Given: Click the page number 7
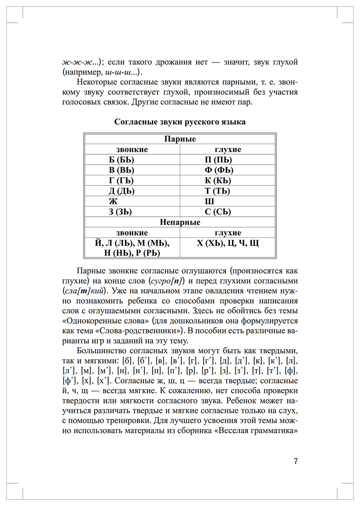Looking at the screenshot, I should pyautogui.click(x=295, y=460).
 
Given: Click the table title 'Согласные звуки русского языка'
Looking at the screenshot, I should pyautogui.click(x=180, y=122).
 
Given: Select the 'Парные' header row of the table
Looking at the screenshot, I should pyautogui.click(x=180, y=139).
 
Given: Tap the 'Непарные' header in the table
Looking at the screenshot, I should pyautogui.click(x=180, y=222).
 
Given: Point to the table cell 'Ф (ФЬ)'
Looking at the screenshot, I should pyautogui.click(x=218, y=170).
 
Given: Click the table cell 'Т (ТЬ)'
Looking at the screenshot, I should pyautogui.click(x=217, y=191).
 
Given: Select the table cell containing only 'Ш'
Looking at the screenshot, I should pyautogui.click(x=209, y=202).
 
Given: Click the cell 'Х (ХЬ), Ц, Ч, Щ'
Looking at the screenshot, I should pyautogui.click(x=228, y=243).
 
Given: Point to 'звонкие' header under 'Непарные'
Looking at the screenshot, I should pyautogui.click(x=132, y=233).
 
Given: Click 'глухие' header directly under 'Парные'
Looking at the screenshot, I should pyautogui.click(x=228, y=150).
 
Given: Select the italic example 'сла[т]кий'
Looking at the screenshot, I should pyautogui.click(x=85, y=291).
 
